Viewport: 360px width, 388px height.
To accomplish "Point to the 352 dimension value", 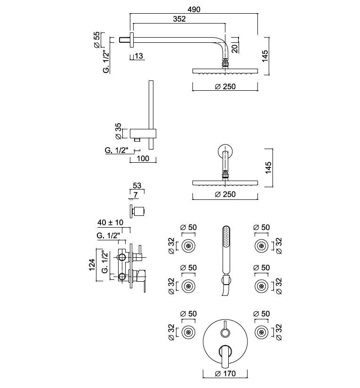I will coord(179,19).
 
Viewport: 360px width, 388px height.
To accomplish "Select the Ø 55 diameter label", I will coord(96,40).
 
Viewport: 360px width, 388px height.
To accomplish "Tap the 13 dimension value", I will coord(139,56).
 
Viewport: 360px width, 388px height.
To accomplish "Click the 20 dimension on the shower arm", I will coord(235,47).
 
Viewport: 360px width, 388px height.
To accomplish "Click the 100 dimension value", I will coord(142,158).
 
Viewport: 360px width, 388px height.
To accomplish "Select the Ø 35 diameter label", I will coord(119,131).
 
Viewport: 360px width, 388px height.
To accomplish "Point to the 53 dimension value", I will coord(137,186).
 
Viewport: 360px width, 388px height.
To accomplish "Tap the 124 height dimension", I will coord(92,265).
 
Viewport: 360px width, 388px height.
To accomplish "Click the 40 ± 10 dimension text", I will coord(111,222).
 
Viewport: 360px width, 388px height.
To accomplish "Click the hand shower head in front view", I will coord(226,240).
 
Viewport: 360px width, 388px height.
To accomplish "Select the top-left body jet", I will coord(189,245).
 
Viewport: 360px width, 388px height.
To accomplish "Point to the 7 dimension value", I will coord(136,194).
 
